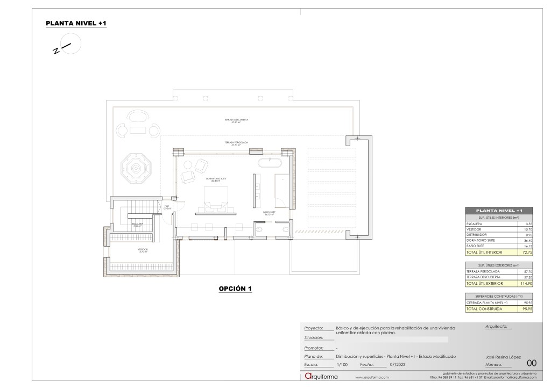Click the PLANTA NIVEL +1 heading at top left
(x=76, y=24)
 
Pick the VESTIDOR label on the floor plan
(x=142, y=250)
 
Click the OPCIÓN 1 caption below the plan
(x=235, y=289)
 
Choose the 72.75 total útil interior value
(x=525, y=251)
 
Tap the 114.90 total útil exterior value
(x=525, y=283)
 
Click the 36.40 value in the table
(x=526, y=240)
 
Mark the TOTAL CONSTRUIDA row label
(x=484, y=309)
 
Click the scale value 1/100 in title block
(x=342, y=364)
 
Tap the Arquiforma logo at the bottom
(x=321, y=377)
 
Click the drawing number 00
(x=532, y=363)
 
